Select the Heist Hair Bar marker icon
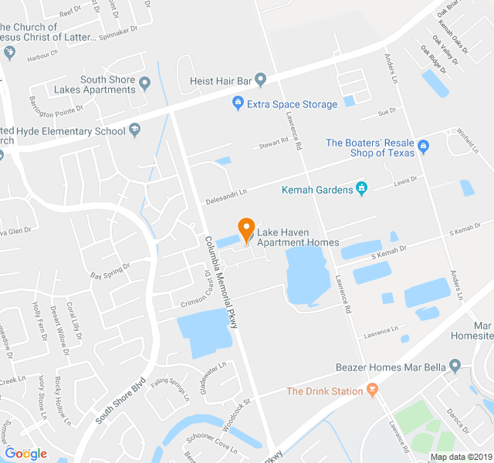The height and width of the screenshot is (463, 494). pos(260,79)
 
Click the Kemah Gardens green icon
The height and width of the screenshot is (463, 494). pos(360,188)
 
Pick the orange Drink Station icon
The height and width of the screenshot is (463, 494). pos(373,391)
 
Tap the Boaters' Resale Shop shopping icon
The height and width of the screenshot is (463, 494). pos(422,147)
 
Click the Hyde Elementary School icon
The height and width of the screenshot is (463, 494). pos(135,130)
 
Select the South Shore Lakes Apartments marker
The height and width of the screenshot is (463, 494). pos(144,81)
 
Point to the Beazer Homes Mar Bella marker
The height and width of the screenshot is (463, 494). pos(455,366)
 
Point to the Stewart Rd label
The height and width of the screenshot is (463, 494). pos(273,143)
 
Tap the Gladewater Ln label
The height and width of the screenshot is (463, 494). pos(211,377)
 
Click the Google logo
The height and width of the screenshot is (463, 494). pos(25,453)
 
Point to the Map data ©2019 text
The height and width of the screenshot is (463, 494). pos(460,457)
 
